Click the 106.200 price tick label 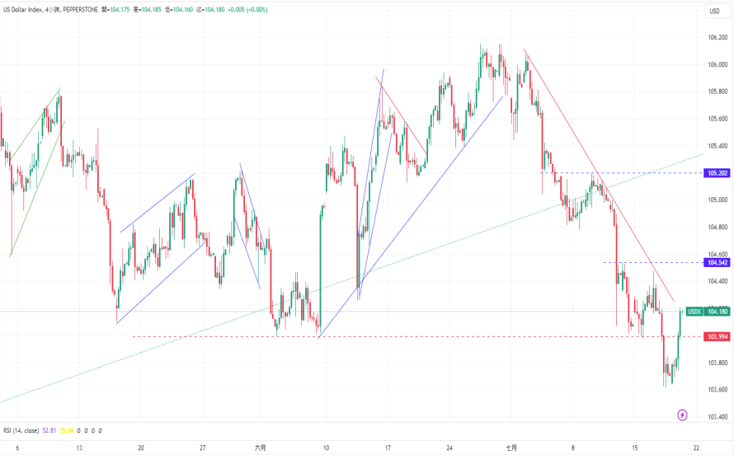[x=717, y=38]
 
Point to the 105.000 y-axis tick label [x=717, y=200]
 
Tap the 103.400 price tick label [x=717, y=417]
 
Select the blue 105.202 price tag [x=717, y=173]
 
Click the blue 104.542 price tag [x=717, y=262]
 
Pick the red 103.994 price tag [x=717, y=336]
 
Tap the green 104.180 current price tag [x=717, y=311]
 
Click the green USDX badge [x=694, y=311]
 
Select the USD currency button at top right [x=714, y=11]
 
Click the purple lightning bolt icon [x=682, y=415]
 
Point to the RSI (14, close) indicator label [x=20, y=430]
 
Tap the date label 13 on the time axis [x=79, y=448]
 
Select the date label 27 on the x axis [x=203, y=448]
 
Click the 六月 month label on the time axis [x=261, y=448]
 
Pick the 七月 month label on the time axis [x=511, y=448]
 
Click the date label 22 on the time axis [x=697, y=448]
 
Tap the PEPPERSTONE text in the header [x=80, y=10]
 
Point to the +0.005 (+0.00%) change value [x=254, y=10]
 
